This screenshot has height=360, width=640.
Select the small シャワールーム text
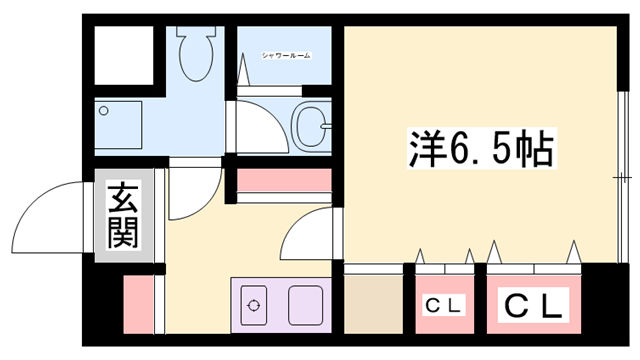pos(286,54)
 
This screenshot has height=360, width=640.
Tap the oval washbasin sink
pos(310,127)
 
